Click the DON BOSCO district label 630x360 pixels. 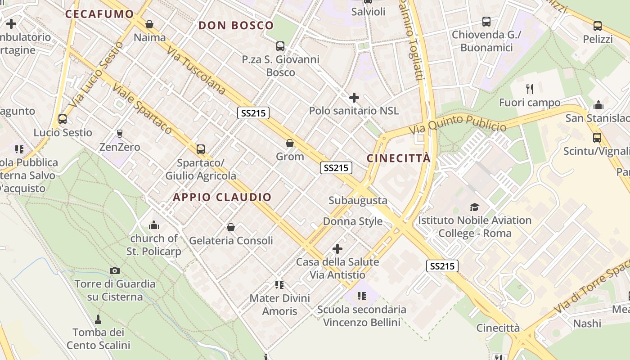[236, 26]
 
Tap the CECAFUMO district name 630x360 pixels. [99, 14]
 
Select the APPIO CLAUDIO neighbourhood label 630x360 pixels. [222, 197]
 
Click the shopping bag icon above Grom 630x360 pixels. [290, 144]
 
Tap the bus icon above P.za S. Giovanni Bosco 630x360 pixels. [280, 46]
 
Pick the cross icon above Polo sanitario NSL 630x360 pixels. [354, 97]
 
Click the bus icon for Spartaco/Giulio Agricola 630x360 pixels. [201, 149]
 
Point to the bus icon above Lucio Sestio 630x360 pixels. [63, 119]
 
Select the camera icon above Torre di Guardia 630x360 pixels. [115, 270]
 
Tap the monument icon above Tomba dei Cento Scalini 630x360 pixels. [98, 319]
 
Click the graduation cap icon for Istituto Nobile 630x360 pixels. [474, 207]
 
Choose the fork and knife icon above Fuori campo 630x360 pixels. [530, 89]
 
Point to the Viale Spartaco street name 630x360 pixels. [142, 108]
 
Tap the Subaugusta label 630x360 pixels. [358, 200]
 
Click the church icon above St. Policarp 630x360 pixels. [154, 225]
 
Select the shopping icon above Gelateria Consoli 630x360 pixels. [231, 227]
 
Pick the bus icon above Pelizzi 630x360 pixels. [598, 26]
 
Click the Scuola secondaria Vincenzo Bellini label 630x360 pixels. [361, 316]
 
